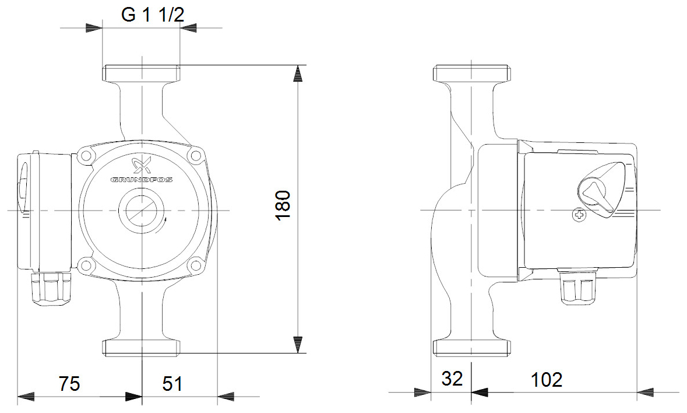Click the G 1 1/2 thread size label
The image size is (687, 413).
[x=153, y=15]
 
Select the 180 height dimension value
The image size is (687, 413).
[x=283, y=205]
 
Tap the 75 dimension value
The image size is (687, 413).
[x=69, y=383]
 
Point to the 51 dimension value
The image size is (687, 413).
[x=172, y=383]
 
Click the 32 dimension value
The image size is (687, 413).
[x=452, y=379]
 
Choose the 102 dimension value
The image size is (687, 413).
[x=546, y=379]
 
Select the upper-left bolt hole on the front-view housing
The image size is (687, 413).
[x=87, y=156]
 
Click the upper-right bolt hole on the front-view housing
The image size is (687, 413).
[x=195, y=156]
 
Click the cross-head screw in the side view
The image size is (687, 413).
[x=579, y=215]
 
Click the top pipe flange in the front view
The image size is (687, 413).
[x=142, y=75]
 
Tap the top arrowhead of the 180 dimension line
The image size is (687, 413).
[x=298, y=73]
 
